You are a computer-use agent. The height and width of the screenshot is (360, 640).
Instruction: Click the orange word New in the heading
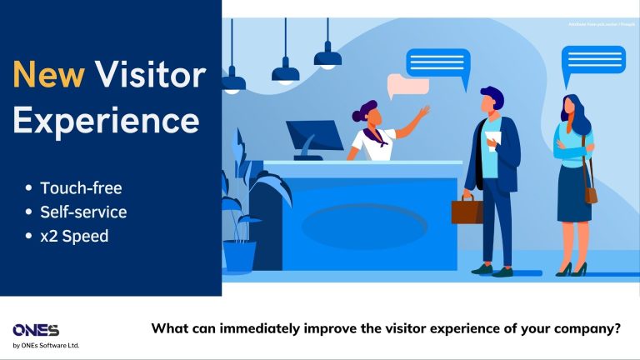(x=47, y=77)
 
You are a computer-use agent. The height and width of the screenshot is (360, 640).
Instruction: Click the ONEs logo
(x=36, y=330)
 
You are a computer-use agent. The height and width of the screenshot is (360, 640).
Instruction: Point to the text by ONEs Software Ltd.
(x=46, y=346)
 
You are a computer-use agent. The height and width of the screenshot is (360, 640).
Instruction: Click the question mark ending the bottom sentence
(x=617, y=328)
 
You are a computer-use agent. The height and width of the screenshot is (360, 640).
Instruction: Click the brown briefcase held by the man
(x=467, y=209)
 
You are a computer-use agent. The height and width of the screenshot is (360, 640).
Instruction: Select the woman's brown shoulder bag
(x=591, y=194)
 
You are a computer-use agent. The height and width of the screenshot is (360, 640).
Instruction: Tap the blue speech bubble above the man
(x=437, y=62)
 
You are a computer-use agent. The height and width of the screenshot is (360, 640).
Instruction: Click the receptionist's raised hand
(x=424, y=111)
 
